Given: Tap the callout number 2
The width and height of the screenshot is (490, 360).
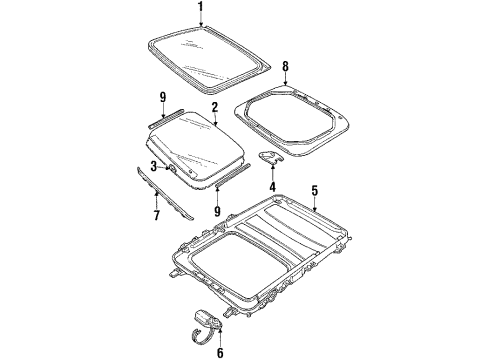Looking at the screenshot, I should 213,105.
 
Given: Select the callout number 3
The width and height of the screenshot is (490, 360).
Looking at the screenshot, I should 154,165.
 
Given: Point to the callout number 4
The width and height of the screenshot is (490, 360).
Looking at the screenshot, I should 271,187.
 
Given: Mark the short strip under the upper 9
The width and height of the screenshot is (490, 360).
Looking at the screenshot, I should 162,118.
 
